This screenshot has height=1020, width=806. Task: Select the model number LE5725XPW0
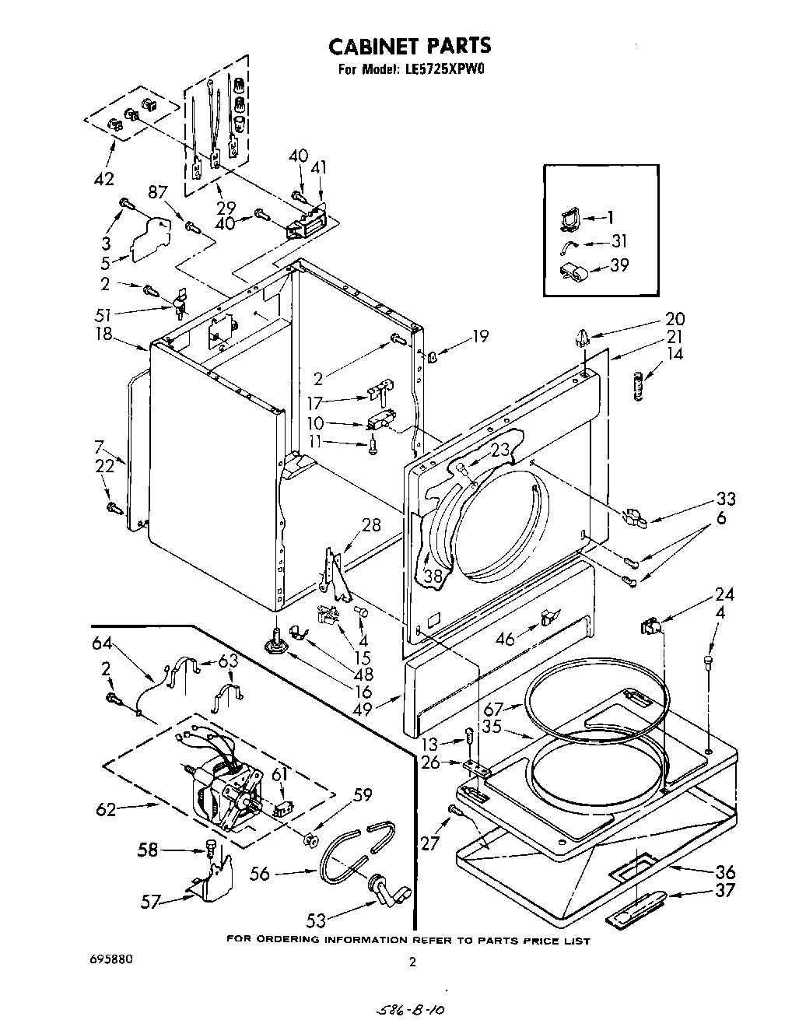444,68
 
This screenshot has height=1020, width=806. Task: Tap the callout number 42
103,179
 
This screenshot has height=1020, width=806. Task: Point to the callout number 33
725,499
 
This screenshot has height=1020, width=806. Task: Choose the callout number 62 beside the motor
105,809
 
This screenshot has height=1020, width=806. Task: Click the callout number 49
384,709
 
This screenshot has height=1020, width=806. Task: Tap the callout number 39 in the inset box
619,265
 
